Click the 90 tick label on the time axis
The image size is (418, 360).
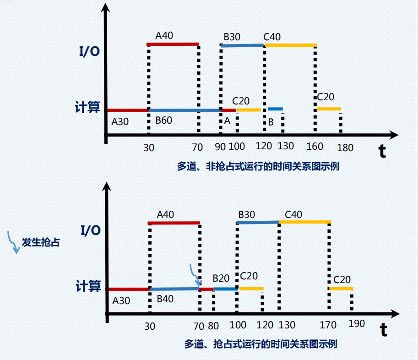tap(221, 147)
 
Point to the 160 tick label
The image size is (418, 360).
tap(315, 147)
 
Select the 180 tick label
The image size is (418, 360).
tap(345, 148)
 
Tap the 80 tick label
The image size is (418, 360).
tap(213, 326)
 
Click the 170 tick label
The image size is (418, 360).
tap(328, 326)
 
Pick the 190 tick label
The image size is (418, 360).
tap(356, 324)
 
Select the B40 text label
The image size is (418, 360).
tap(165, 299)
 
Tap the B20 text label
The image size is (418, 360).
tap(221, 278)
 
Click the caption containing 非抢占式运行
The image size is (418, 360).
tap(258, 166)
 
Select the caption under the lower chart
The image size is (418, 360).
tap(261, 344)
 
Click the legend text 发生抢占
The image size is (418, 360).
tap(41, 243)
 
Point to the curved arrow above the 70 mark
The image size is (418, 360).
tap(195, 275)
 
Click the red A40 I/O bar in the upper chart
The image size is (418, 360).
tap(173, 44)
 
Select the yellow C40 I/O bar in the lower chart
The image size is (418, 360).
tap(305, 222)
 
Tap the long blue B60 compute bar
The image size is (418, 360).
tap(185, 110)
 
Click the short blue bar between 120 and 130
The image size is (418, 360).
tap(275, 109)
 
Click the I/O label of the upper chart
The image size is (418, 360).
tap(89, 51)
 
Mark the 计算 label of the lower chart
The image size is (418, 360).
tap(88, 286)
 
